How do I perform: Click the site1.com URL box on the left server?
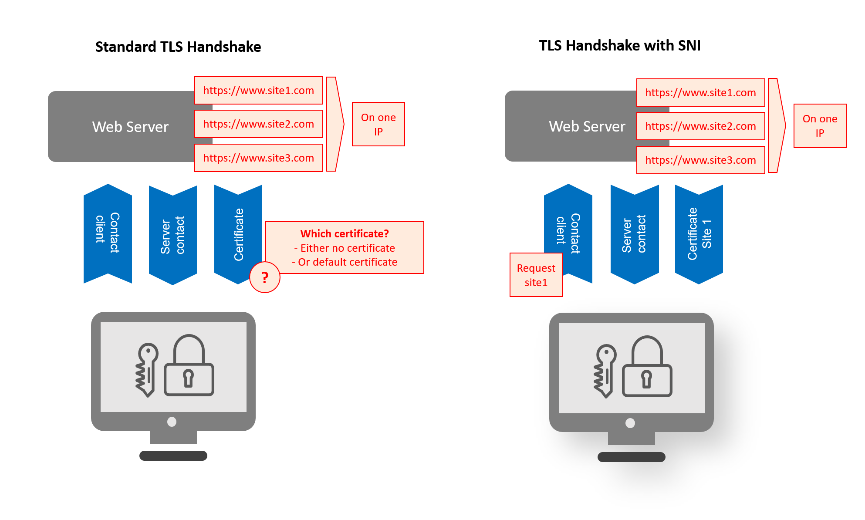[258, 91]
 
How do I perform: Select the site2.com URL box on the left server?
[258, 124]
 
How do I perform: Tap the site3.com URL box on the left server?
[258, 158]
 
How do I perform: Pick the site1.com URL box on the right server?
[700, 93]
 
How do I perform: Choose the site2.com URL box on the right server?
[700, 126]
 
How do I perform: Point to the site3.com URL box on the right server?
[700, 160]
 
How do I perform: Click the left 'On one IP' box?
[378, 125]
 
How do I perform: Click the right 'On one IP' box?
[820, 126]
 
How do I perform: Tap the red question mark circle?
[265, 277]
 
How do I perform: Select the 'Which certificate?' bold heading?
[345, 234]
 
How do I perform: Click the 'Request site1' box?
[536, 275]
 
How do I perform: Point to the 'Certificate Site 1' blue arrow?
[699, 234]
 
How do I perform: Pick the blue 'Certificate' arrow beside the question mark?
[238, 234]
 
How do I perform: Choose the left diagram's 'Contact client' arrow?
[108, 233]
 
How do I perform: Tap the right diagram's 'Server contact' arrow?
[634, 234]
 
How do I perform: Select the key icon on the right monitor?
[605, 370]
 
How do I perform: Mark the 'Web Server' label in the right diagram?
[587, 127]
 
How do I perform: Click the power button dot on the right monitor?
[630, 423]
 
